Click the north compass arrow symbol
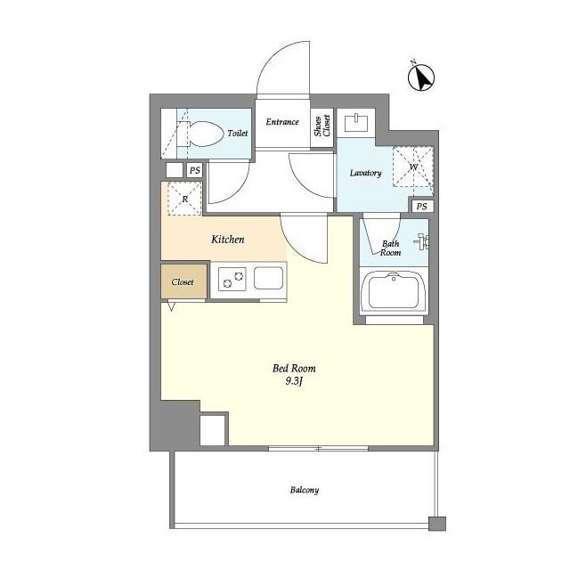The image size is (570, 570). point(421,77)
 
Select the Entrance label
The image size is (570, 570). point(282,122)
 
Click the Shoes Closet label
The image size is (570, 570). point(322,126)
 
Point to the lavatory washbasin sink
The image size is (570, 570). point(356,123)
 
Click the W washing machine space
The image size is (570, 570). point(413,167)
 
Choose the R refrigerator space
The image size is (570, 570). point(184,199)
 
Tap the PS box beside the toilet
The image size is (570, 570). point(195,170)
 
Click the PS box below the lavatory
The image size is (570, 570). point(422,207)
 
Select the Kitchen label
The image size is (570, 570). point(228,240)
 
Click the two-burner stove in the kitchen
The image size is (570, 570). point(232,279)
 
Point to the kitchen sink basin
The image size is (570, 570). point(268,278)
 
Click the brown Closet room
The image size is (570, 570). point(184,281)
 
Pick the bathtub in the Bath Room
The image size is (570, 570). point(394,291)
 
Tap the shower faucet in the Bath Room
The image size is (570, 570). point(422,241)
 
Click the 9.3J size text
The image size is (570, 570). point(294,382)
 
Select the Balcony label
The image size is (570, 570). point(305,490)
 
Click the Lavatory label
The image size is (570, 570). point(366,173)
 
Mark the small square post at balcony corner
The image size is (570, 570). point(437,524)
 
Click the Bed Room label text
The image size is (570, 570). point(294,368)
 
